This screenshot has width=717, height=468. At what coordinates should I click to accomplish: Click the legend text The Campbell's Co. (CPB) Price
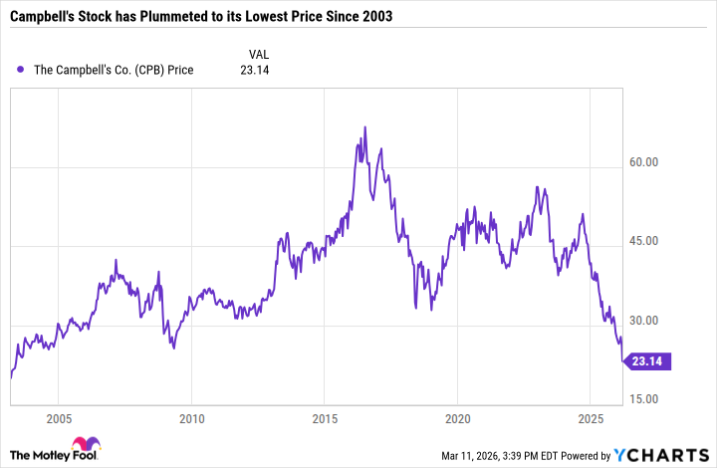point(116,70)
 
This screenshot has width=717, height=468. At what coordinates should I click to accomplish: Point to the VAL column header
point(258,53)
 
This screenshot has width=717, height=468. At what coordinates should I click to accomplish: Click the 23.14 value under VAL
point(256,70)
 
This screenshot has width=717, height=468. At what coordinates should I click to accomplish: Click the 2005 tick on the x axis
point(59,417)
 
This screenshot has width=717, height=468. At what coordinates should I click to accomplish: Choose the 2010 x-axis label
point(192,417)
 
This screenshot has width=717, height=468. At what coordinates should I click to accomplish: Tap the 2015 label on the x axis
point(325,417)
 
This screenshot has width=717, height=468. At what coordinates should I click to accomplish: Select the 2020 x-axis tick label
point(458,417)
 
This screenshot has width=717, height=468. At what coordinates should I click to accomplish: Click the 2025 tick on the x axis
point(592,417)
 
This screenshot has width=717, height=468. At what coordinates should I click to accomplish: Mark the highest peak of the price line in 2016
point(365,127)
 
